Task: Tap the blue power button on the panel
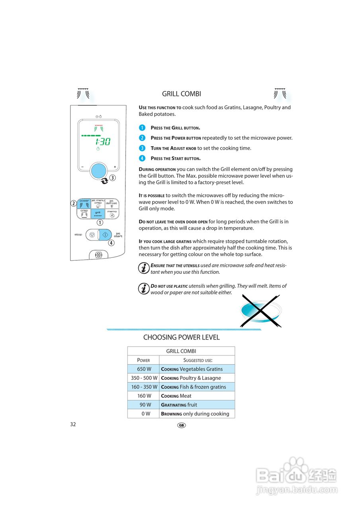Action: (x=84, y=204)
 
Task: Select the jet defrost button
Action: (x=112, y=204)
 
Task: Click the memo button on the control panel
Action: (x=112, y=214)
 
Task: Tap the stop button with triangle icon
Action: (x=92, y=235)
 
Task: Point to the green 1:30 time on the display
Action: (x=102, y=141)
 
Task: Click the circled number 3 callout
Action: (x=113, y=178)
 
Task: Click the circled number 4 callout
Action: (x=111, y=243)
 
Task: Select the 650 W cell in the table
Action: (x=143, y=369)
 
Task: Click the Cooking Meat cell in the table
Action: (x=197, y=396)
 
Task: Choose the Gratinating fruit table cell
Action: (x=197, y=405)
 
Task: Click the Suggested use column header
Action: (x=197, y=360)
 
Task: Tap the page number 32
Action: (x=73, y=424)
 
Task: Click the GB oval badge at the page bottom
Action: (x=181, y=425)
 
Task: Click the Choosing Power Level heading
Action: (x=181, y=337)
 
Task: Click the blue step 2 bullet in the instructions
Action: (x=142, y=138)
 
